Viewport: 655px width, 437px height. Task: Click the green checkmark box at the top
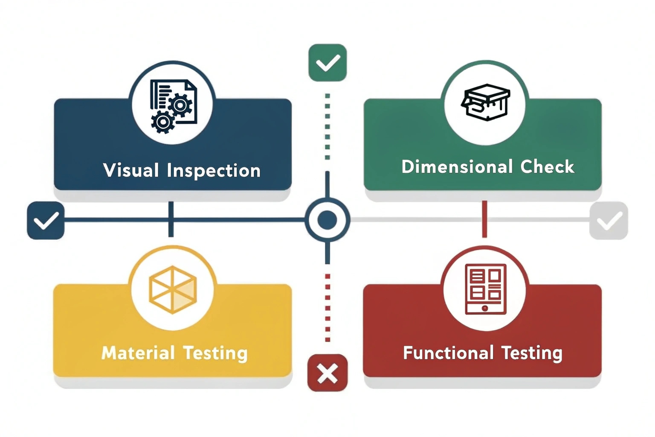[327, 63]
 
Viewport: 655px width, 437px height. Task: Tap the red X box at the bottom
[327, 373]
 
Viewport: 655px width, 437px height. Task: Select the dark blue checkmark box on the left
[46, 220]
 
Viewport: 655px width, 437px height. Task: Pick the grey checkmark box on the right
[609, 220]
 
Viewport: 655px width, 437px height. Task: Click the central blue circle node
[327, 220]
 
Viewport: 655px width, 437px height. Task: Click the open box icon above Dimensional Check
[486, 102]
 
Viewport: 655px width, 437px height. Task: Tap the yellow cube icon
[173, 290]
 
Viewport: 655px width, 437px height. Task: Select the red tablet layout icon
[485, 289]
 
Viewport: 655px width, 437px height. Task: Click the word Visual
[131, 170]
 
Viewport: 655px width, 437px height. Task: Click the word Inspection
[214, 171]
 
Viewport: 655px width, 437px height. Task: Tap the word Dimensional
[457, 167]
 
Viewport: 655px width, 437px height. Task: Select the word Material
[138, 353]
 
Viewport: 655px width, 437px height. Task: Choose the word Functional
[448, 353]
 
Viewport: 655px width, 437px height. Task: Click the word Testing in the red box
[532, 353]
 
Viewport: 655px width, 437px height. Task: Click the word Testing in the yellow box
[215, 353]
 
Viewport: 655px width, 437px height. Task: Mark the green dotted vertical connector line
[327, 126]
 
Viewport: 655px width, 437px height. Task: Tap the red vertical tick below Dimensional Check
[484, 219]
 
